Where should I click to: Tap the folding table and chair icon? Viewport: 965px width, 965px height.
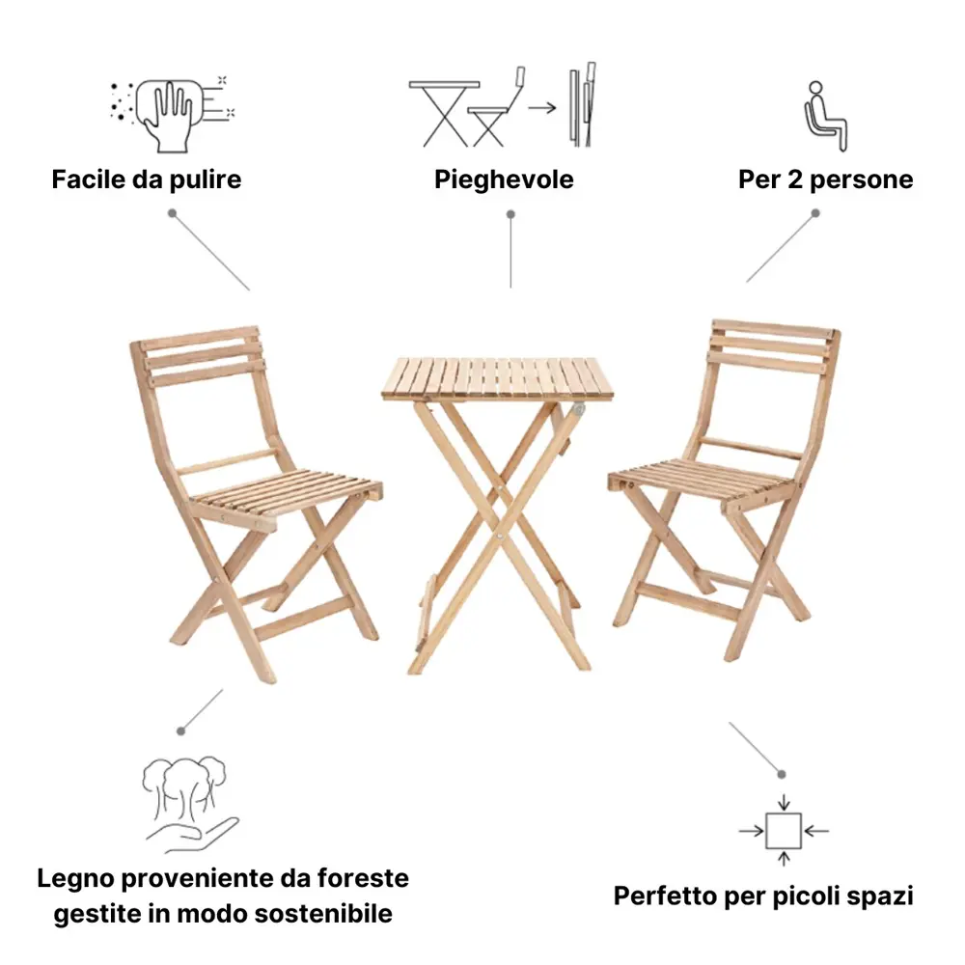pyautogui.click(x=502, y=105)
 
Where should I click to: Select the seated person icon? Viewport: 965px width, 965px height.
pyautogui.click(x=825, y=117)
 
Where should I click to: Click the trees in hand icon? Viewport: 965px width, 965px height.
pyautogui.click(x=189, y=804)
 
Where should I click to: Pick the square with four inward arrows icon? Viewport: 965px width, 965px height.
pyautogui.click(x=784, y=831)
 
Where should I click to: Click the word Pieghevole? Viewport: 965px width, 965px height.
pyautogui.click(x=504, y=179)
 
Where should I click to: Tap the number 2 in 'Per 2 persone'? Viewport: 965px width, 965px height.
pyautogui.click(x=795, y=179)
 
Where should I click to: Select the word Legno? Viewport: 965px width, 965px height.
pyautogui.click(x=75, y=879)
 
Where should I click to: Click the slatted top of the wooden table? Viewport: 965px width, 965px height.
pyautogui.click(x=497, y=377)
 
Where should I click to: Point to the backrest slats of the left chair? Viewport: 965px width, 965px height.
pyautogui.click(x=203, y=355)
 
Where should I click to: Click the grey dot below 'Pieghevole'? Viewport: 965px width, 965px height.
pyautogui.click(x=510, y=215)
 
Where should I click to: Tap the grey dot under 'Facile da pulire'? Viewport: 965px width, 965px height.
pyautogui.click(x=173, y=213)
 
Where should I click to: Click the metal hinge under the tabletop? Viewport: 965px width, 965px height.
pyautogui.click(x=577, y=408)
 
